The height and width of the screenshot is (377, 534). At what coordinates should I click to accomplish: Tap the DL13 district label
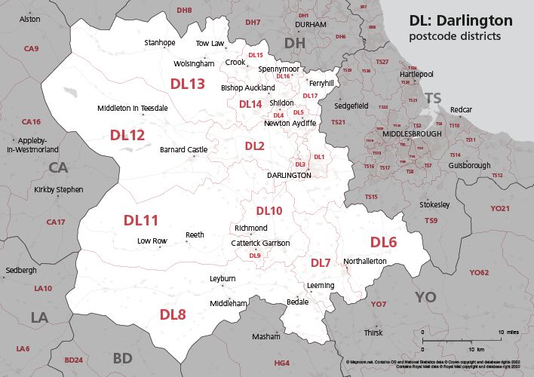click(187, 84)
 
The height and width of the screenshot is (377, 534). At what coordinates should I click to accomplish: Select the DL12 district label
click(127, 136)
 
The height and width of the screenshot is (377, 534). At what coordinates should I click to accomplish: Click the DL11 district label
click(141, 220)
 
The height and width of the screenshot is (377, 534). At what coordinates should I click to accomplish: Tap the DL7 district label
click(321, 263)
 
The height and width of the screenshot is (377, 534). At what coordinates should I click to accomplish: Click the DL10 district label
click(269, 210)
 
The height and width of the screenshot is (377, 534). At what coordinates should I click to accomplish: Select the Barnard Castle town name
click(183, 150)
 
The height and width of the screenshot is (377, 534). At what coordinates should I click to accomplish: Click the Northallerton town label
click(364, 261)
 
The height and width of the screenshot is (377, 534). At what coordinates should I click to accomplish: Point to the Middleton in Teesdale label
click(133, 109)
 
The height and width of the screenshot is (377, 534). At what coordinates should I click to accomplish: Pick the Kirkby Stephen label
click(59, 190)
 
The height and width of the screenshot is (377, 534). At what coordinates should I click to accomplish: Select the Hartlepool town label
click(416, 75)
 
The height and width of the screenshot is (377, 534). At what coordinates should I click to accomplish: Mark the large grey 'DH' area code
click(295, 44)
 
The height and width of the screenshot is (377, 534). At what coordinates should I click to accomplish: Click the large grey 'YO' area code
click(425, 297)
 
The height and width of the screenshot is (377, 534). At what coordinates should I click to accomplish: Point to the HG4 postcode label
click(281, 363)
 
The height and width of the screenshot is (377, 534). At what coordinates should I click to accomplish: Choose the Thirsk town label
click(373, 333)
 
